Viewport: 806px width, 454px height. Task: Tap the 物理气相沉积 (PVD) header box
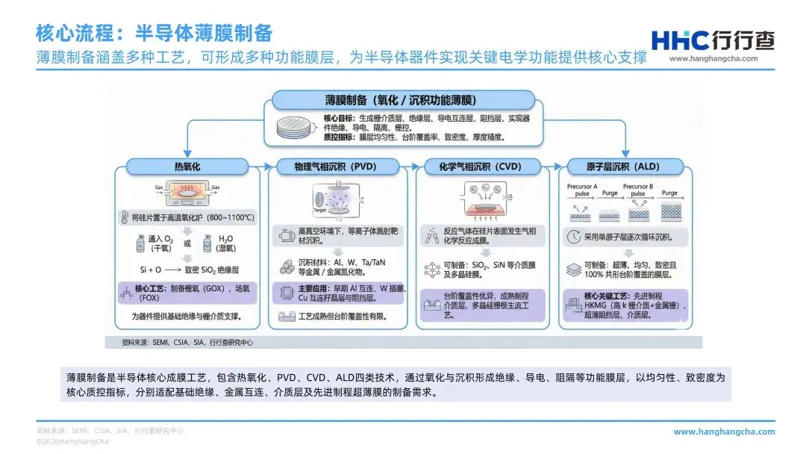coord(340,166)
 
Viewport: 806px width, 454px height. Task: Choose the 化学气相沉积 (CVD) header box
coord(487,166)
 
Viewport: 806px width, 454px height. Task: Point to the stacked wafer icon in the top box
coord(295,128)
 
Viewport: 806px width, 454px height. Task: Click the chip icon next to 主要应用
coord(286,292)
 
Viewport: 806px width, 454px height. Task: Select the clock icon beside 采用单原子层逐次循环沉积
coord(573,237)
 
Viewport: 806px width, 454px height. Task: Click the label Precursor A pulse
coord(582,190)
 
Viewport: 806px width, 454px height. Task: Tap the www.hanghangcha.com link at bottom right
coord(724,432)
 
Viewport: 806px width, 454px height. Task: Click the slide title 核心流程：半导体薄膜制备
coord(154,34)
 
